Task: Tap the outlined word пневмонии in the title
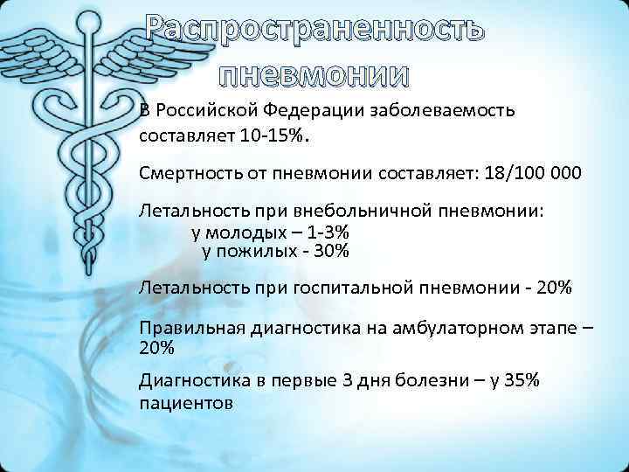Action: (314, 76)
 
